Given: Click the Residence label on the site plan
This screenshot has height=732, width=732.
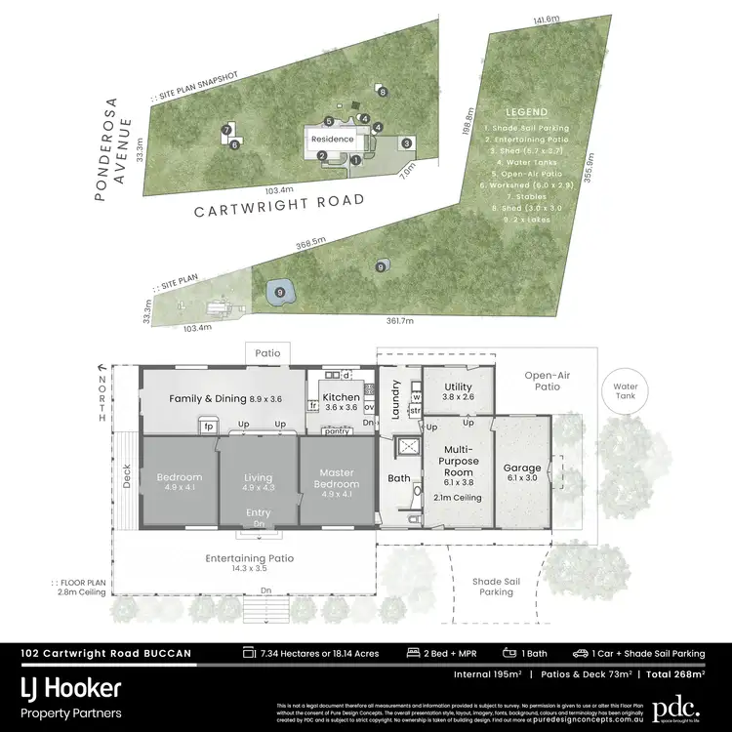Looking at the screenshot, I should [333, 140].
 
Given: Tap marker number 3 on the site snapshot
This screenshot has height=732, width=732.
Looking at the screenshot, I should [407, 142].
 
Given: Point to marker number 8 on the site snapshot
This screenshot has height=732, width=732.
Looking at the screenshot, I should [234, 144].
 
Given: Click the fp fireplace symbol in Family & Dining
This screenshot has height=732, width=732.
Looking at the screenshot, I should [208, 426].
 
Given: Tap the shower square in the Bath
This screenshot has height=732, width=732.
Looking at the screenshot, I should [402, 447].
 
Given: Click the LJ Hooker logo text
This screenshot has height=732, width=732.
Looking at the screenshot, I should [71, 688].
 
